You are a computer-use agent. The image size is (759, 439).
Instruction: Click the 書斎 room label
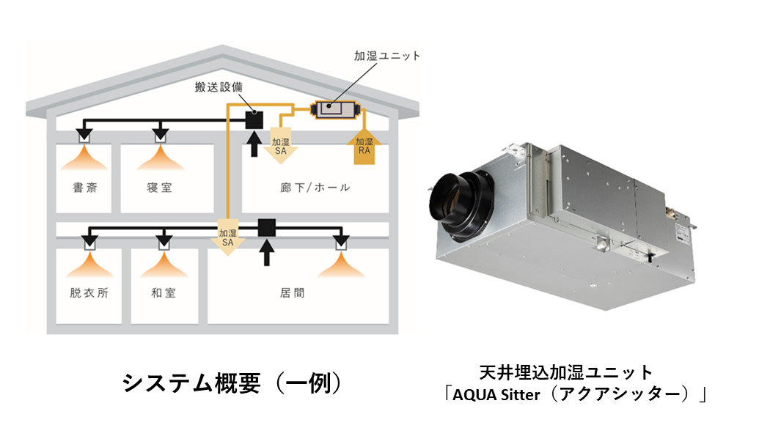(x=84, y=188)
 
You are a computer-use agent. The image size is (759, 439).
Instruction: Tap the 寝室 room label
(x=160, y=188)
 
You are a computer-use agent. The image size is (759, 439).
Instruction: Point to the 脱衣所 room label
(x=84, y=293)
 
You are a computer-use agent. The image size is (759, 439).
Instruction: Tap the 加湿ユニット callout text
(x=386, y=56)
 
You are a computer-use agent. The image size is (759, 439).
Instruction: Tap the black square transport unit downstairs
(x=266, y=227)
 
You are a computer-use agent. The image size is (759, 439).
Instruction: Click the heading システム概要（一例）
(x=232, y=383)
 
